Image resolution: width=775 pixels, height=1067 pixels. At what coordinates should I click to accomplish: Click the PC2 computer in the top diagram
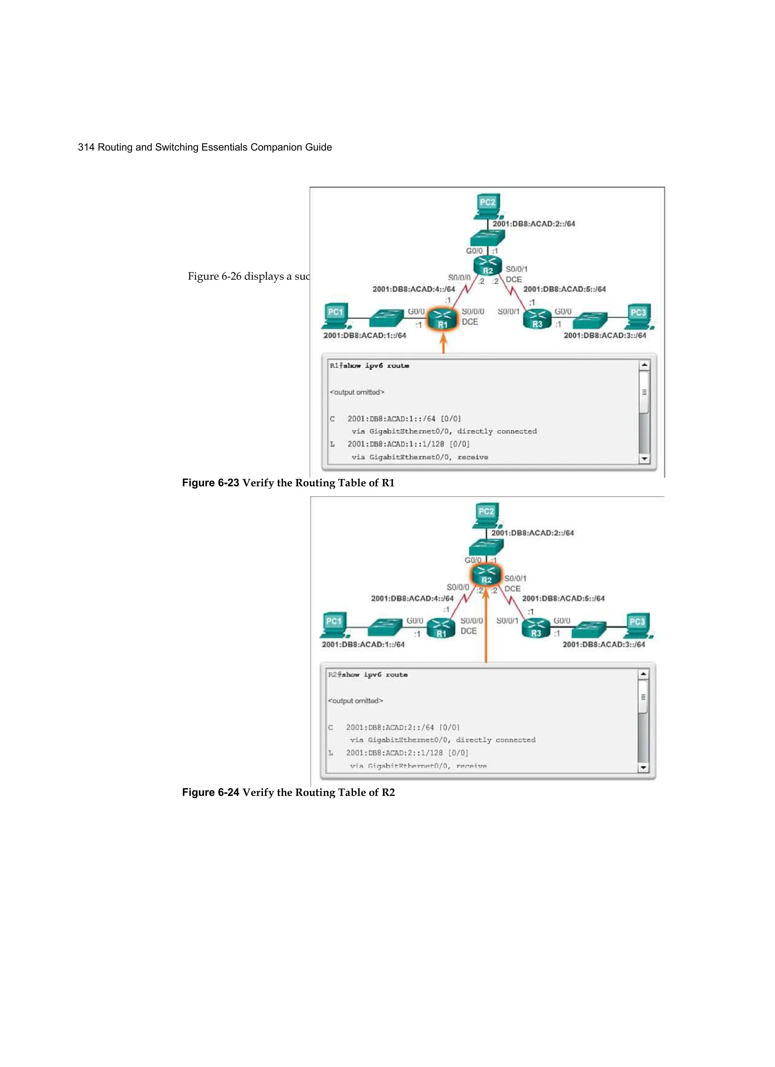487,206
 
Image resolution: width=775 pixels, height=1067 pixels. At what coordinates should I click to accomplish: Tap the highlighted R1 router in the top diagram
442,320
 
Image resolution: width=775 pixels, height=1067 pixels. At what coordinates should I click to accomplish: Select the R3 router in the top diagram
537,319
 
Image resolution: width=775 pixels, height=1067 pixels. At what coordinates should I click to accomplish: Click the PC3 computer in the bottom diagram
637,626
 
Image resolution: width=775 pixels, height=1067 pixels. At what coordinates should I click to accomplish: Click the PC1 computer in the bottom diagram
335,625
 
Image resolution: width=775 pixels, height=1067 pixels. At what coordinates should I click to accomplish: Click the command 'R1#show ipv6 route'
369,365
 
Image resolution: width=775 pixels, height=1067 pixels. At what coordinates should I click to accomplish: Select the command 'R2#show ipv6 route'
368,675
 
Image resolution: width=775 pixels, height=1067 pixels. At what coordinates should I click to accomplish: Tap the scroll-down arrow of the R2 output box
643,768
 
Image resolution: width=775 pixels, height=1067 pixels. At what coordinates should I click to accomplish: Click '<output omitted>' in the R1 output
357,392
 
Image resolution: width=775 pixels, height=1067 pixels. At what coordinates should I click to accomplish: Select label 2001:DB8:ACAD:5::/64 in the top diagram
564,289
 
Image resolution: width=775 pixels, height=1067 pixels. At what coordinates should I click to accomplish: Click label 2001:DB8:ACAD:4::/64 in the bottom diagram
412,598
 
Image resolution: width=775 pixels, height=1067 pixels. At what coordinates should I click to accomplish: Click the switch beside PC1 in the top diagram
387,318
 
